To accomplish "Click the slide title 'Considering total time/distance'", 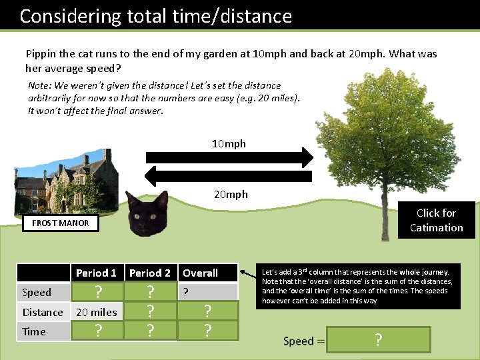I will (x=155, y=16).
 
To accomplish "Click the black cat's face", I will (x=147, y=213).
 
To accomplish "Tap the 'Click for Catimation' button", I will (x=436, y=220).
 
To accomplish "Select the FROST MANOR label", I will (x=60, y=223).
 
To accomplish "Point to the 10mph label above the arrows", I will (x=229, y=143).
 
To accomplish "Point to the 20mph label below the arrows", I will (x=231, y=194).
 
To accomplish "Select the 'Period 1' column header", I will (x=96, y=273).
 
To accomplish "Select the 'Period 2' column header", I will (x=150, y=273).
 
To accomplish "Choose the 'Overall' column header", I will (x=201, y=273).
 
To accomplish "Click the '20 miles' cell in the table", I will (x=97, y=312).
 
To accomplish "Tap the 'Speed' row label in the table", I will (x=37, y=292).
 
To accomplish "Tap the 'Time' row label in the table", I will (x=34, y=331).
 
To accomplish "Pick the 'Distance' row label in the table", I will (x=43, y=312).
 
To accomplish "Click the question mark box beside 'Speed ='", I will (x=379, y=340).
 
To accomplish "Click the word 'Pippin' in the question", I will (x=41, y=53).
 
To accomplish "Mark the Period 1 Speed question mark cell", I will (x=98, y=292).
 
